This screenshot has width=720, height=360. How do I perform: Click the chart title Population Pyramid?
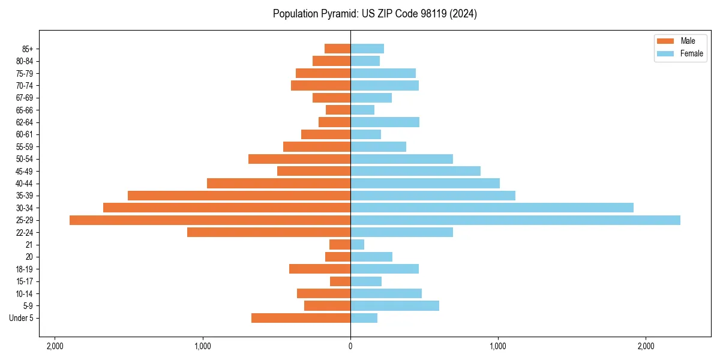[x=374, y=14]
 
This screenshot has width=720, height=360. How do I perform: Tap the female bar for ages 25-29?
[x=515, y=220]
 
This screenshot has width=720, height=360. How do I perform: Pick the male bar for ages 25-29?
[x=210, y=220]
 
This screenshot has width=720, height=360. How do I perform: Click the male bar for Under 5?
[x=301, y=318]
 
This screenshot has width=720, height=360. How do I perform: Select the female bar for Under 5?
[x=364, y=318]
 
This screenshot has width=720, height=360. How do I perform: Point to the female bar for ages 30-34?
[x=491, y=208]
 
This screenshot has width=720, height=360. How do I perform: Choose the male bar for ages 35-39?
[x=239, y=196]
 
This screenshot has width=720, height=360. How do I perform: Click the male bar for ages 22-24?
[x=268, y=232]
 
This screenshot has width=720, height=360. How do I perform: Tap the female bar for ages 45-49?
[x=415, y=171]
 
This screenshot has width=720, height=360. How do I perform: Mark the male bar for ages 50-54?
[x=299, y=159]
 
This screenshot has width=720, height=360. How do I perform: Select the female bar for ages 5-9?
[x=394, y=305]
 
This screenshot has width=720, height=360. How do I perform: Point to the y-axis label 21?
[x=29, y=245]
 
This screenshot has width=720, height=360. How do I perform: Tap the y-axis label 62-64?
[x=24, y=122]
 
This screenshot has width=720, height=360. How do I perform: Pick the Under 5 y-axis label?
[x=22, y=318]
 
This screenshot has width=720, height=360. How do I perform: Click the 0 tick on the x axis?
[x=350, y=346]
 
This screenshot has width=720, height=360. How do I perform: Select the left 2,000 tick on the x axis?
[x=55, y=346]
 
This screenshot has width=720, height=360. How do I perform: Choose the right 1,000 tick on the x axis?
[x=498, y=346]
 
